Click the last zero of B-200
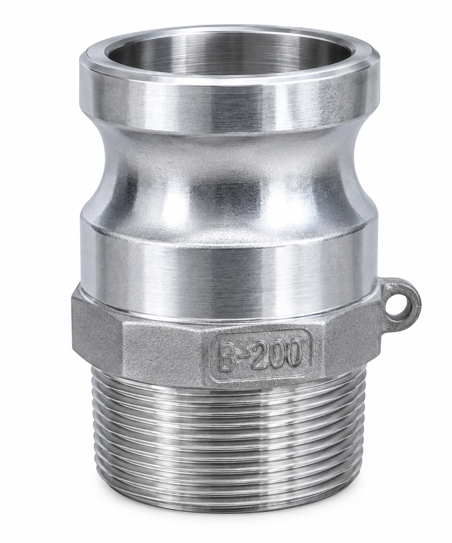[x=294, y=353]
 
